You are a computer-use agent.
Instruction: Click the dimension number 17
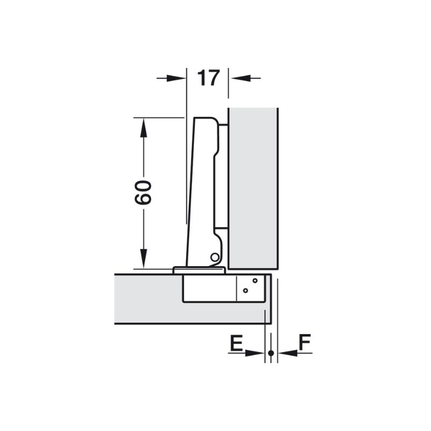(208, 78)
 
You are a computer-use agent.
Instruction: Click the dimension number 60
(143, 192)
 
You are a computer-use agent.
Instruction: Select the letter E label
(237, 343)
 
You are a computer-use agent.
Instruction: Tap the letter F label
(304, 342)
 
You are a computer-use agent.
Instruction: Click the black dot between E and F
(271, 353)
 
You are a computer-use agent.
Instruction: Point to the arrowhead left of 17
(176, 78)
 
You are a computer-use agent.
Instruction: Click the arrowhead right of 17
(241, 78)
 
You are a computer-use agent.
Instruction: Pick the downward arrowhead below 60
(143, 259)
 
